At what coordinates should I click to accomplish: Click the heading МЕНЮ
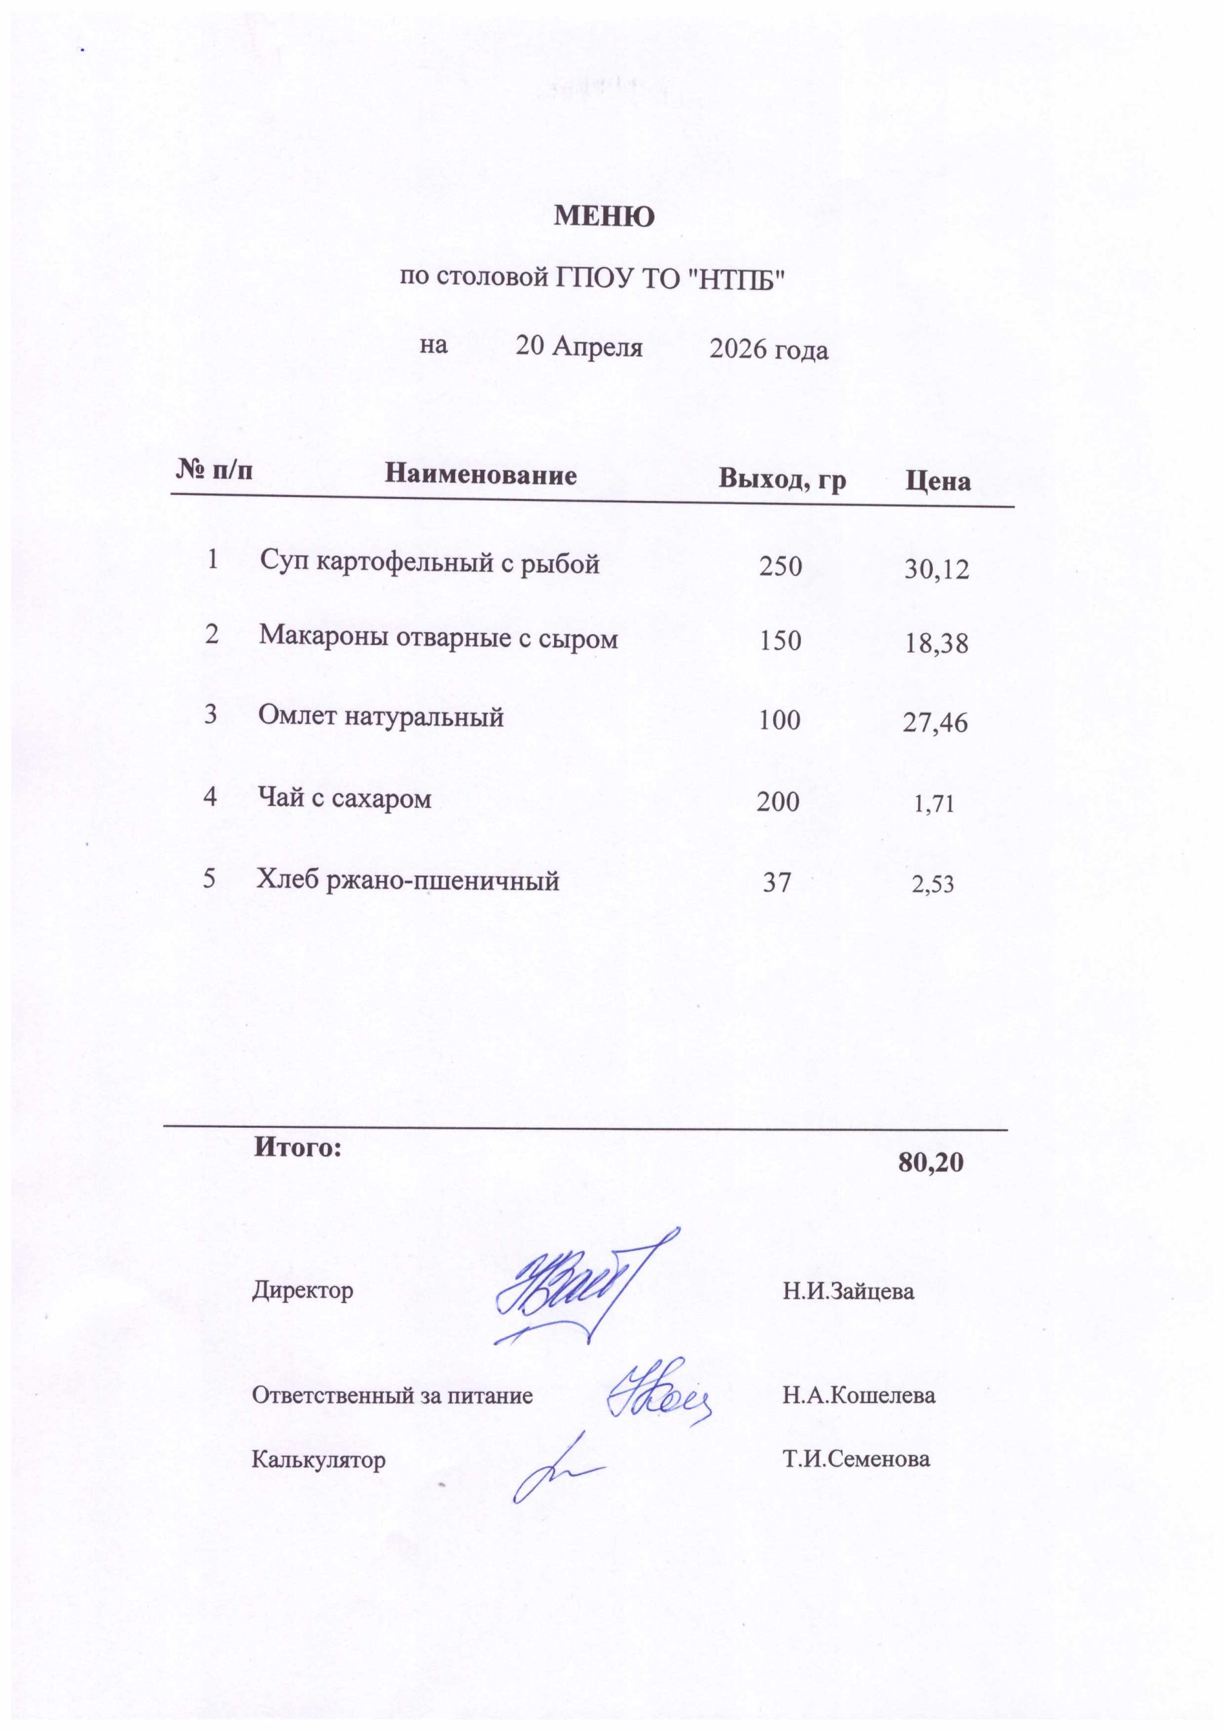tap(604, 217)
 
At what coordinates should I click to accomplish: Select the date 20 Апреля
tap(579, 347)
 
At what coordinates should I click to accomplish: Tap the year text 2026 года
tap(769, 350)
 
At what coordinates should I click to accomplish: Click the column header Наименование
tap(480, 475)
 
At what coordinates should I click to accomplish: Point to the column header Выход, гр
tap(782, 479)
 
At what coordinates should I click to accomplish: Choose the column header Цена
tap(938, 481)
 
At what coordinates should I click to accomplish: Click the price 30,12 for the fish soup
tap(937, 570)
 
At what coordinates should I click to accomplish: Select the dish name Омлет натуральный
tap(381, 715)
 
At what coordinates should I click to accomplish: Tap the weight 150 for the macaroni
tap(780, 641)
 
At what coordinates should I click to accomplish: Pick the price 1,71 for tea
tap(934, 805)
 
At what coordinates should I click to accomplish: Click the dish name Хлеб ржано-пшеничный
tap(408, 880)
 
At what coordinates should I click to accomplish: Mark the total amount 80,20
tap(931, 1162)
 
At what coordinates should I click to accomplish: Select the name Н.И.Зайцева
tap(848, 1291)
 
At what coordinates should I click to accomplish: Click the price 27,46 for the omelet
tap(935, 723)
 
